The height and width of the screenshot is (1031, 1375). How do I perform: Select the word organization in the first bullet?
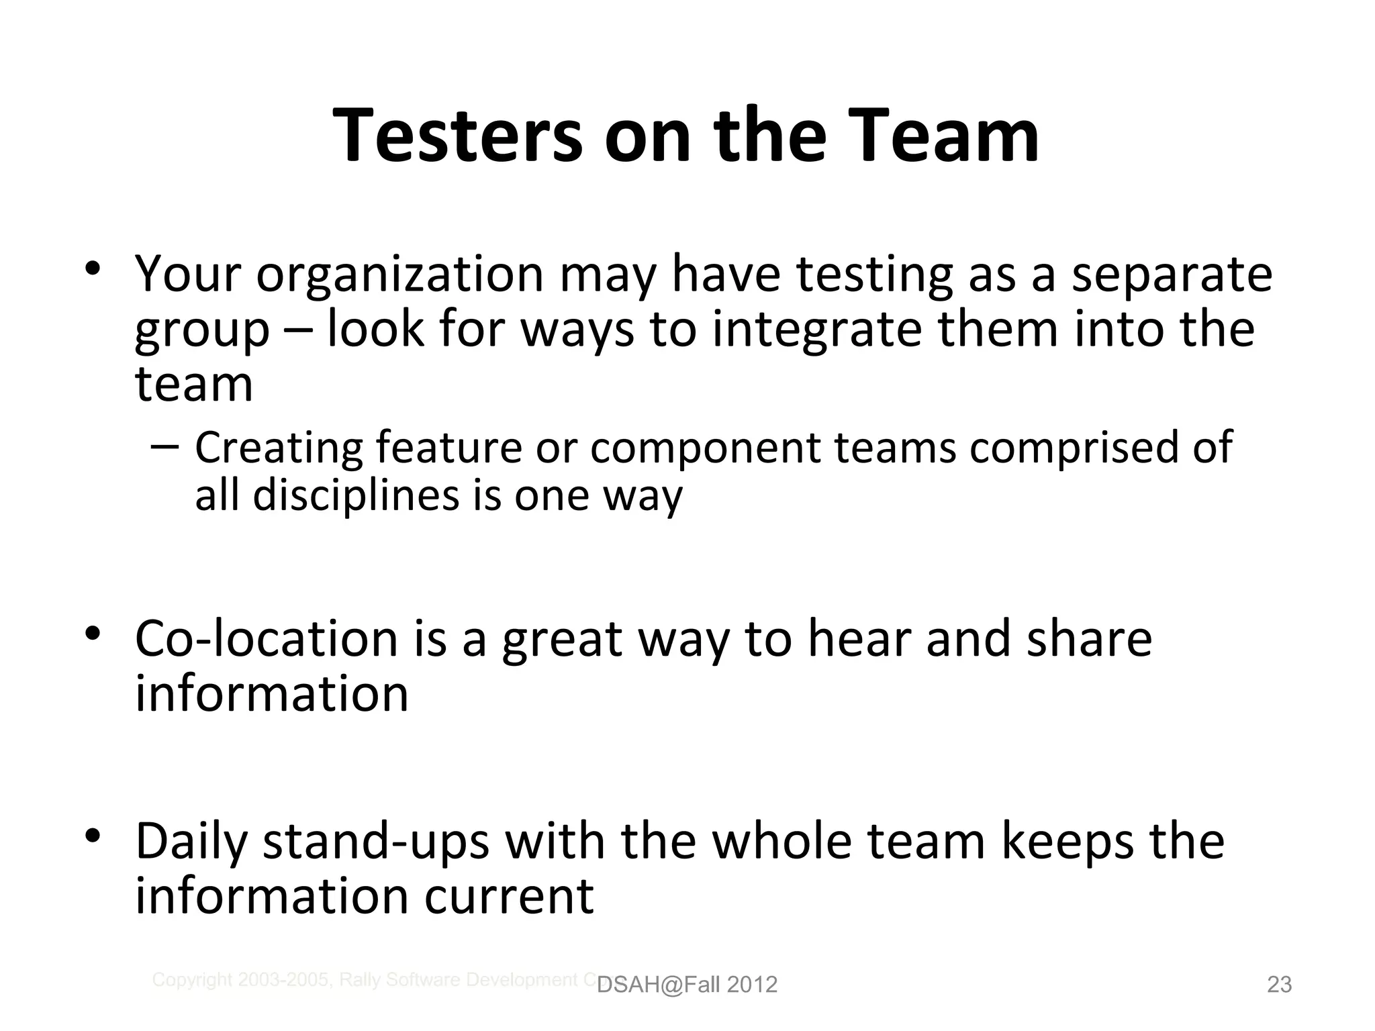[x=399, y=275]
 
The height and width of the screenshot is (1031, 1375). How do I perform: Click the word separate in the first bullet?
[x=1171, y=275]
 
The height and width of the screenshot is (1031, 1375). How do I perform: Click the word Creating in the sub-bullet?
[x=278, y=448]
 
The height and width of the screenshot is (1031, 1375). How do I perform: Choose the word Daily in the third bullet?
[x=191, y=843]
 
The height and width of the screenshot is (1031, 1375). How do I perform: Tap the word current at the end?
[x=510, y=897]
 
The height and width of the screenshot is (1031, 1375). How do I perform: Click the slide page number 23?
[x=1279, y=985]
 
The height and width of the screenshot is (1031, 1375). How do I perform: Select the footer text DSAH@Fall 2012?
[x=687, y=985]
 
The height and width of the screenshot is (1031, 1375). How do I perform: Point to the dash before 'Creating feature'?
[x=165, y=446]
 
